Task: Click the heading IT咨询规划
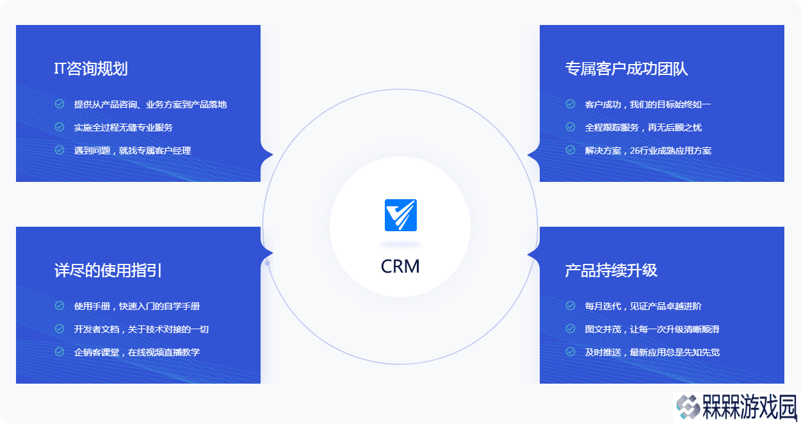(x=91, y=69)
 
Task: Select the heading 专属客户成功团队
(x=626, y=69)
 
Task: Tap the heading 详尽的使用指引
(x=108, y=270)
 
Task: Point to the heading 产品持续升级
(x=611, y=270)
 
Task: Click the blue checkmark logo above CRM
(x=401, y=215)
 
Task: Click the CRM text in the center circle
(x=400, y=266)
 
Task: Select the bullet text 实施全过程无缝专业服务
(x=124, y=127)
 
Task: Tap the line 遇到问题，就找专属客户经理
(x=133, y=151)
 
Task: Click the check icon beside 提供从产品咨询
(x=60, y=104)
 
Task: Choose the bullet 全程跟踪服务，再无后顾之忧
(x=643, y=127)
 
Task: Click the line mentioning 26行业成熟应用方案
(x=648, y=151)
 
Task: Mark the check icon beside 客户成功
(x=570, y=104)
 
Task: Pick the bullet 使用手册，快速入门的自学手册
(x=137, y=306)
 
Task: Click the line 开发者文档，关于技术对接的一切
(x=142, y=329)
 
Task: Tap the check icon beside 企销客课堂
(x=60, y=352)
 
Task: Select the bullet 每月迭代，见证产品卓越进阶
(x=643, y=306)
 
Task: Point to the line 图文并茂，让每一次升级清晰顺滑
(x=652, y=329)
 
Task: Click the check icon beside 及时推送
(x=570, y=352)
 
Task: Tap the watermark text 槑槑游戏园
(x=750, y=407)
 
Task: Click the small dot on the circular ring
(x=268, y=263)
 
